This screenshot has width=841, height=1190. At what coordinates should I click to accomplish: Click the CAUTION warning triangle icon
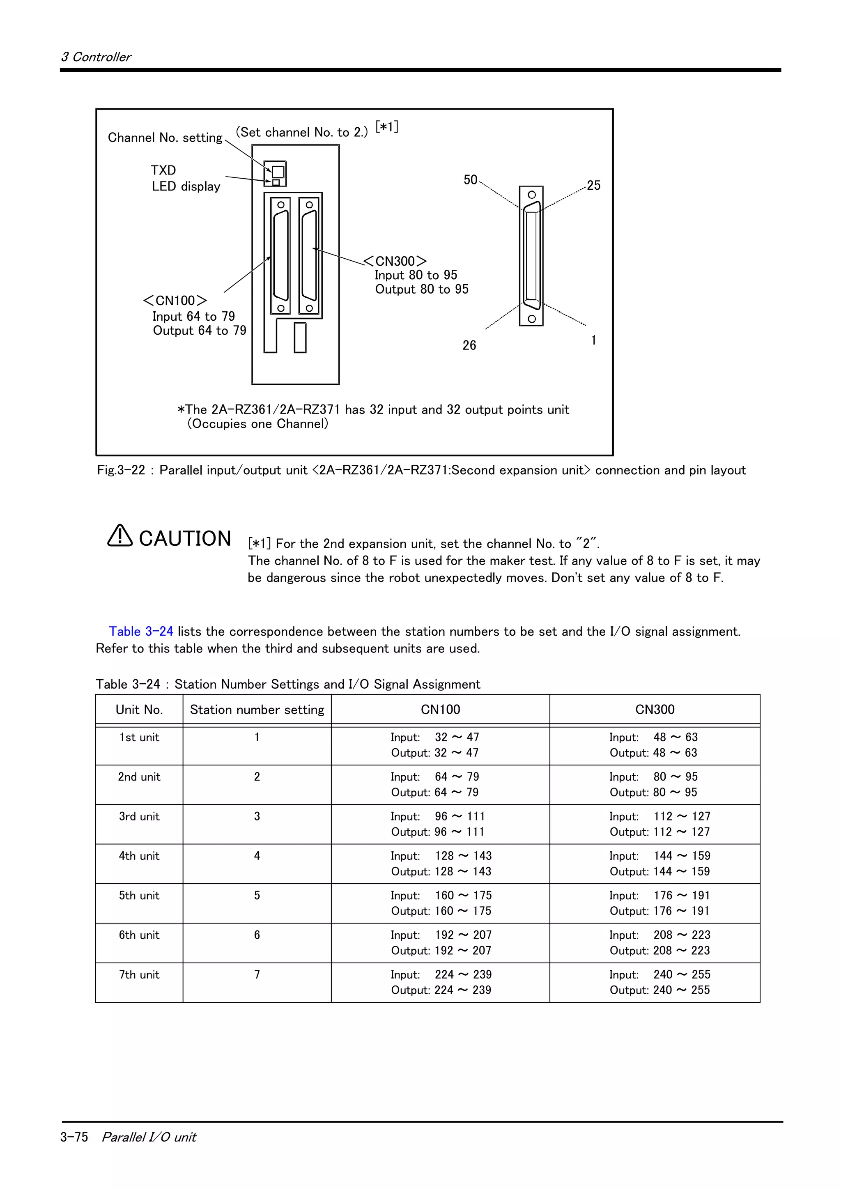119,536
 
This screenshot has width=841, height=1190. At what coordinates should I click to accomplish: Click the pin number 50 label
470,180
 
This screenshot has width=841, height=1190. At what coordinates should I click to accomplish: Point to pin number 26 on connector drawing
469,345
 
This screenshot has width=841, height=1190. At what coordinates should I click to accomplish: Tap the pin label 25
593,186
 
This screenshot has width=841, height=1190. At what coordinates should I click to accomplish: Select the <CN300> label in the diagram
395,261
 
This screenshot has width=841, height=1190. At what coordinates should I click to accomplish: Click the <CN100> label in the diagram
175,301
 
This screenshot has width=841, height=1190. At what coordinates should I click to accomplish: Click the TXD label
163,170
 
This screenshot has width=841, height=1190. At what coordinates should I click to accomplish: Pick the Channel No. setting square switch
278,172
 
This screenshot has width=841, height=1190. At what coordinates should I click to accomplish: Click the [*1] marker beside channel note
386,127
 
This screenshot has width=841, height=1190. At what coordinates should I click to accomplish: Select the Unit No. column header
139,710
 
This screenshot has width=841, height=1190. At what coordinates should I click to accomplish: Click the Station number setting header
257,710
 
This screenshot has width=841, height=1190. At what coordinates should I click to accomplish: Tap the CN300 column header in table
655,710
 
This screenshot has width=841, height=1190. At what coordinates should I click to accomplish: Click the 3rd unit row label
139,816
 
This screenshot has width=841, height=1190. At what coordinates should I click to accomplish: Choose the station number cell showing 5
257,896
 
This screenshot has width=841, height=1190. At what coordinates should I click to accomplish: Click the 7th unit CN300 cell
659,982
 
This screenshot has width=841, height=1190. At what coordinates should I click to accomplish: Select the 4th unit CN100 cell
441,864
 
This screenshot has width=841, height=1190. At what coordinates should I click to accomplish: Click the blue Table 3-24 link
141,631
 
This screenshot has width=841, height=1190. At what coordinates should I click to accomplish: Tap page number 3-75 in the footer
74,1137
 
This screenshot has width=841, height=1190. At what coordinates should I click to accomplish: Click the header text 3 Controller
97,57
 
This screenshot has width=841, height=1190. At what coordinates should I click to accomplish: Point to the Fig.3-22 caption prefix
121,470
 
